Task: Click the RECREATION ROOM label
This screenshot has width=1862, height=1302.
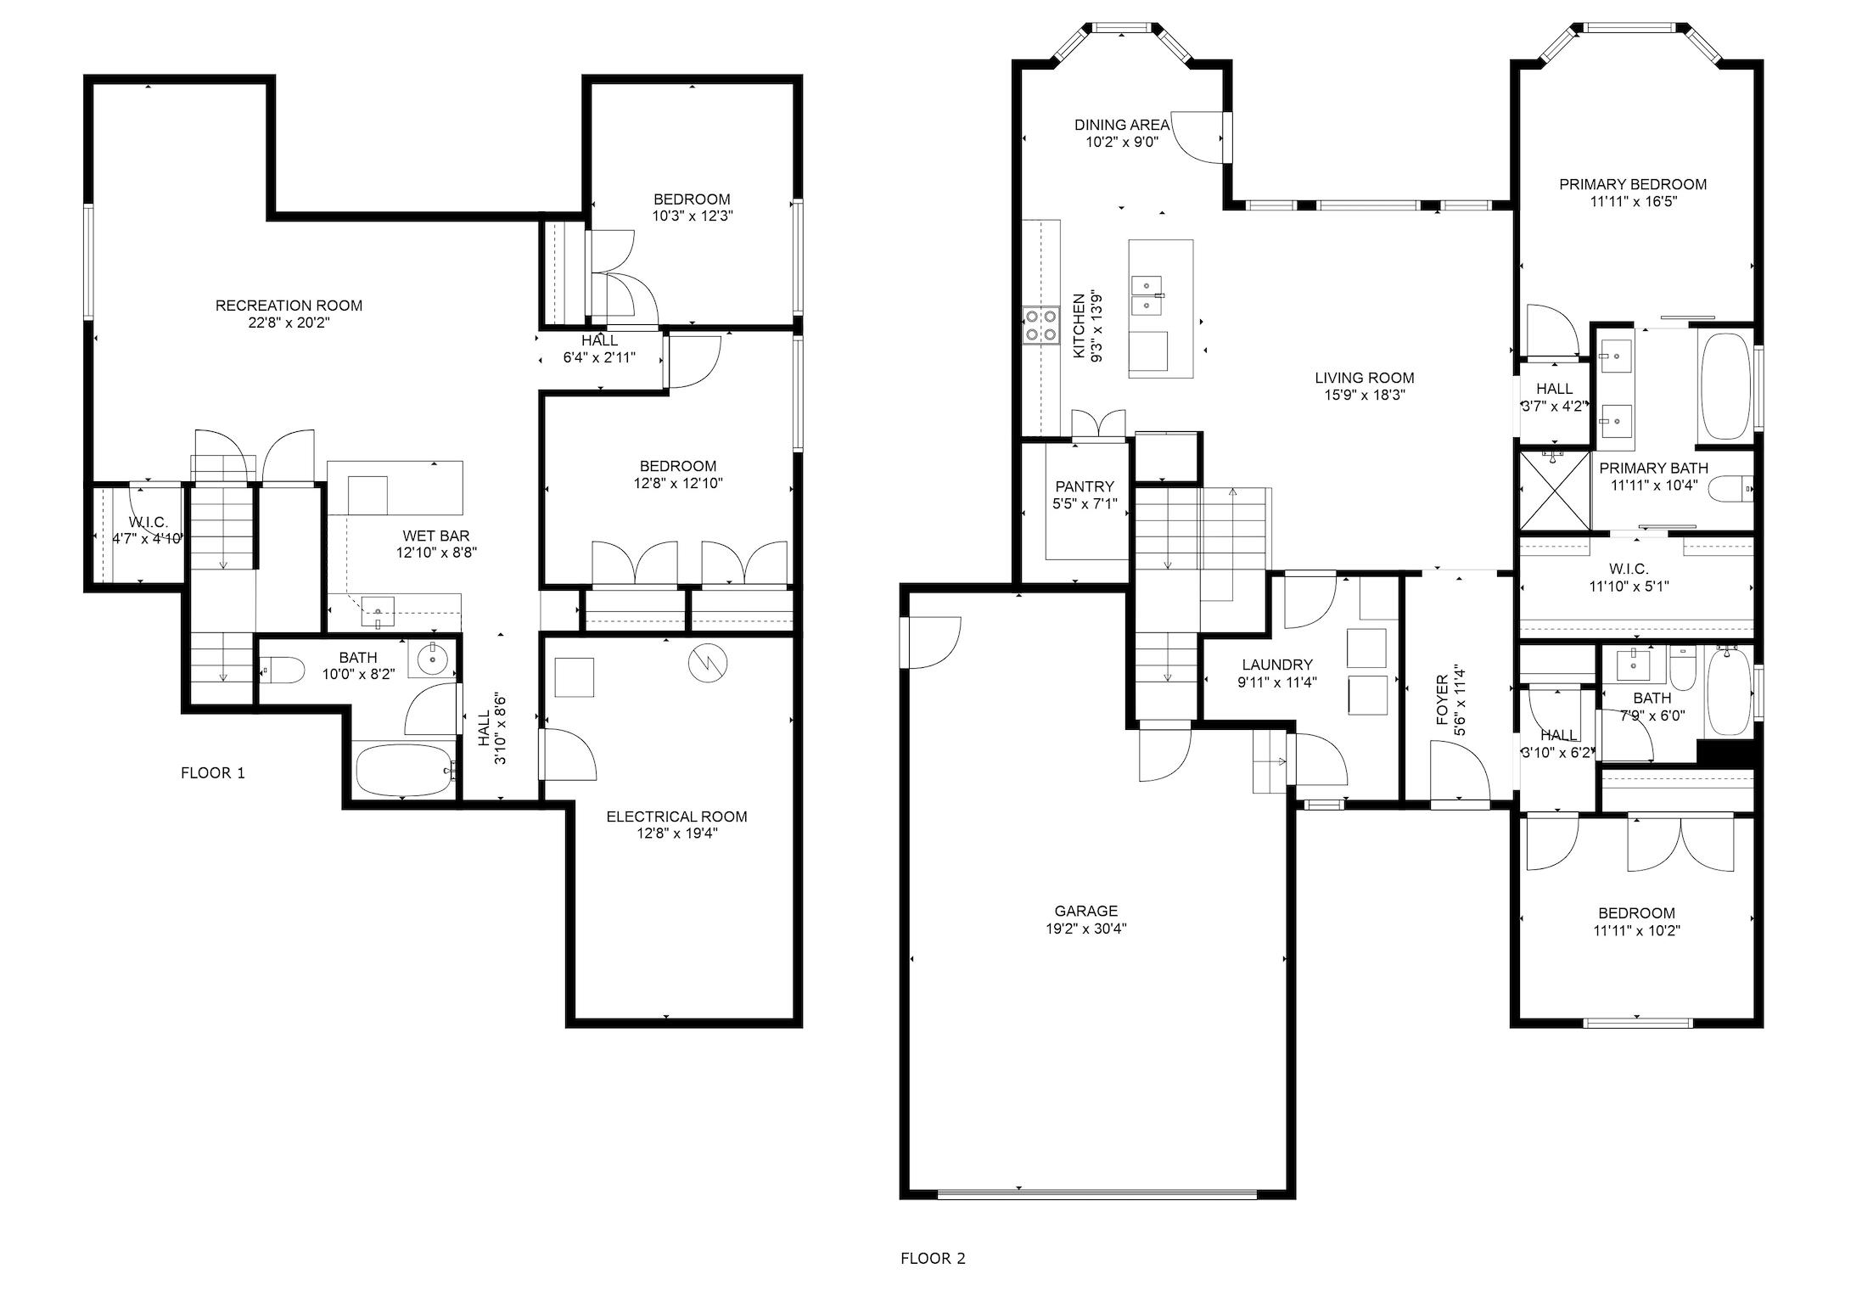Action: pyautogui.click(x=289, y=306)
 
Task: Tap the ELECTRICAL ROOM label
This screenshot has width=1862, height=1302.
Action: pyautogui.click(x=676, y=817)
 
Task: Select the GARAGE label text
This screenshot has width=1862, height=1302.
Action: pyautogui.click(x=1085, y=912)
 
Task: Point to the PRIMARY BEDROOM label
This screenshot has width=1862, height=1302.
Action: pyautogui.click(x=1633, y=184)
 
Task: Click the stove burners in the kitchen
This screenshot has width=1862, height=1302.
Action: pyautogui.click(x=1040, y=325)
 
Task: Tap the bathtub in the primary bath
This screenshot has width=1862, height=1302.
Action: pyautogui.click(x=1725, y=386)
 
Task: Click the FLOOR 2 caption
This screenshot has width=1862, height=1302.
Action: pyautogui.click(x=933, y=1259)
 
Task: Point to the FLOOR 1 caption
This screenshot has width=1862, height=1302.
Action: pyautogui.click(x=213, y=773)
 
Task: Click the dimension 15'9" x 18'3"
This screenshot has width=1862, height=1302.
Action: pyautogui.click(x=1365, y=396)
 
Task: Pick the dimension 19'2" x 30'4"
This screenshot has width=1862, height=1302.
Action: pyautogui.click(x=1086, y=929)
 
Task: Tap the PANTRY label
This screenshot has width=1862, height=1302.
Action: pyautogui.click(x=1085, y=487)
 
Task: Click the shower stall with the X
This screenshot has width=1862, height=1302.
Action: pyautogui.click(x=1555, y=491)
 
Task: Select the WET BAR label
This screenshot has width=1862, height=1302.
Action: pyautogui.click(x=436, y=536)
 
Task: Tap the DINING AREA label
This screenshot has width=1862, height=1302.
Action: pyautogui.click(x=1122, y=125)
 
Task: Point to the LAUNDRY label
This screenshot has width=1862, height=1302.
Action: pyautogui.click(x=1277, y=665)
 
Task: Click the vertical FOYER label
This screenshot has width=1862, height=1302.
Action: pyautogui.click(x=1441, y=700)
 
